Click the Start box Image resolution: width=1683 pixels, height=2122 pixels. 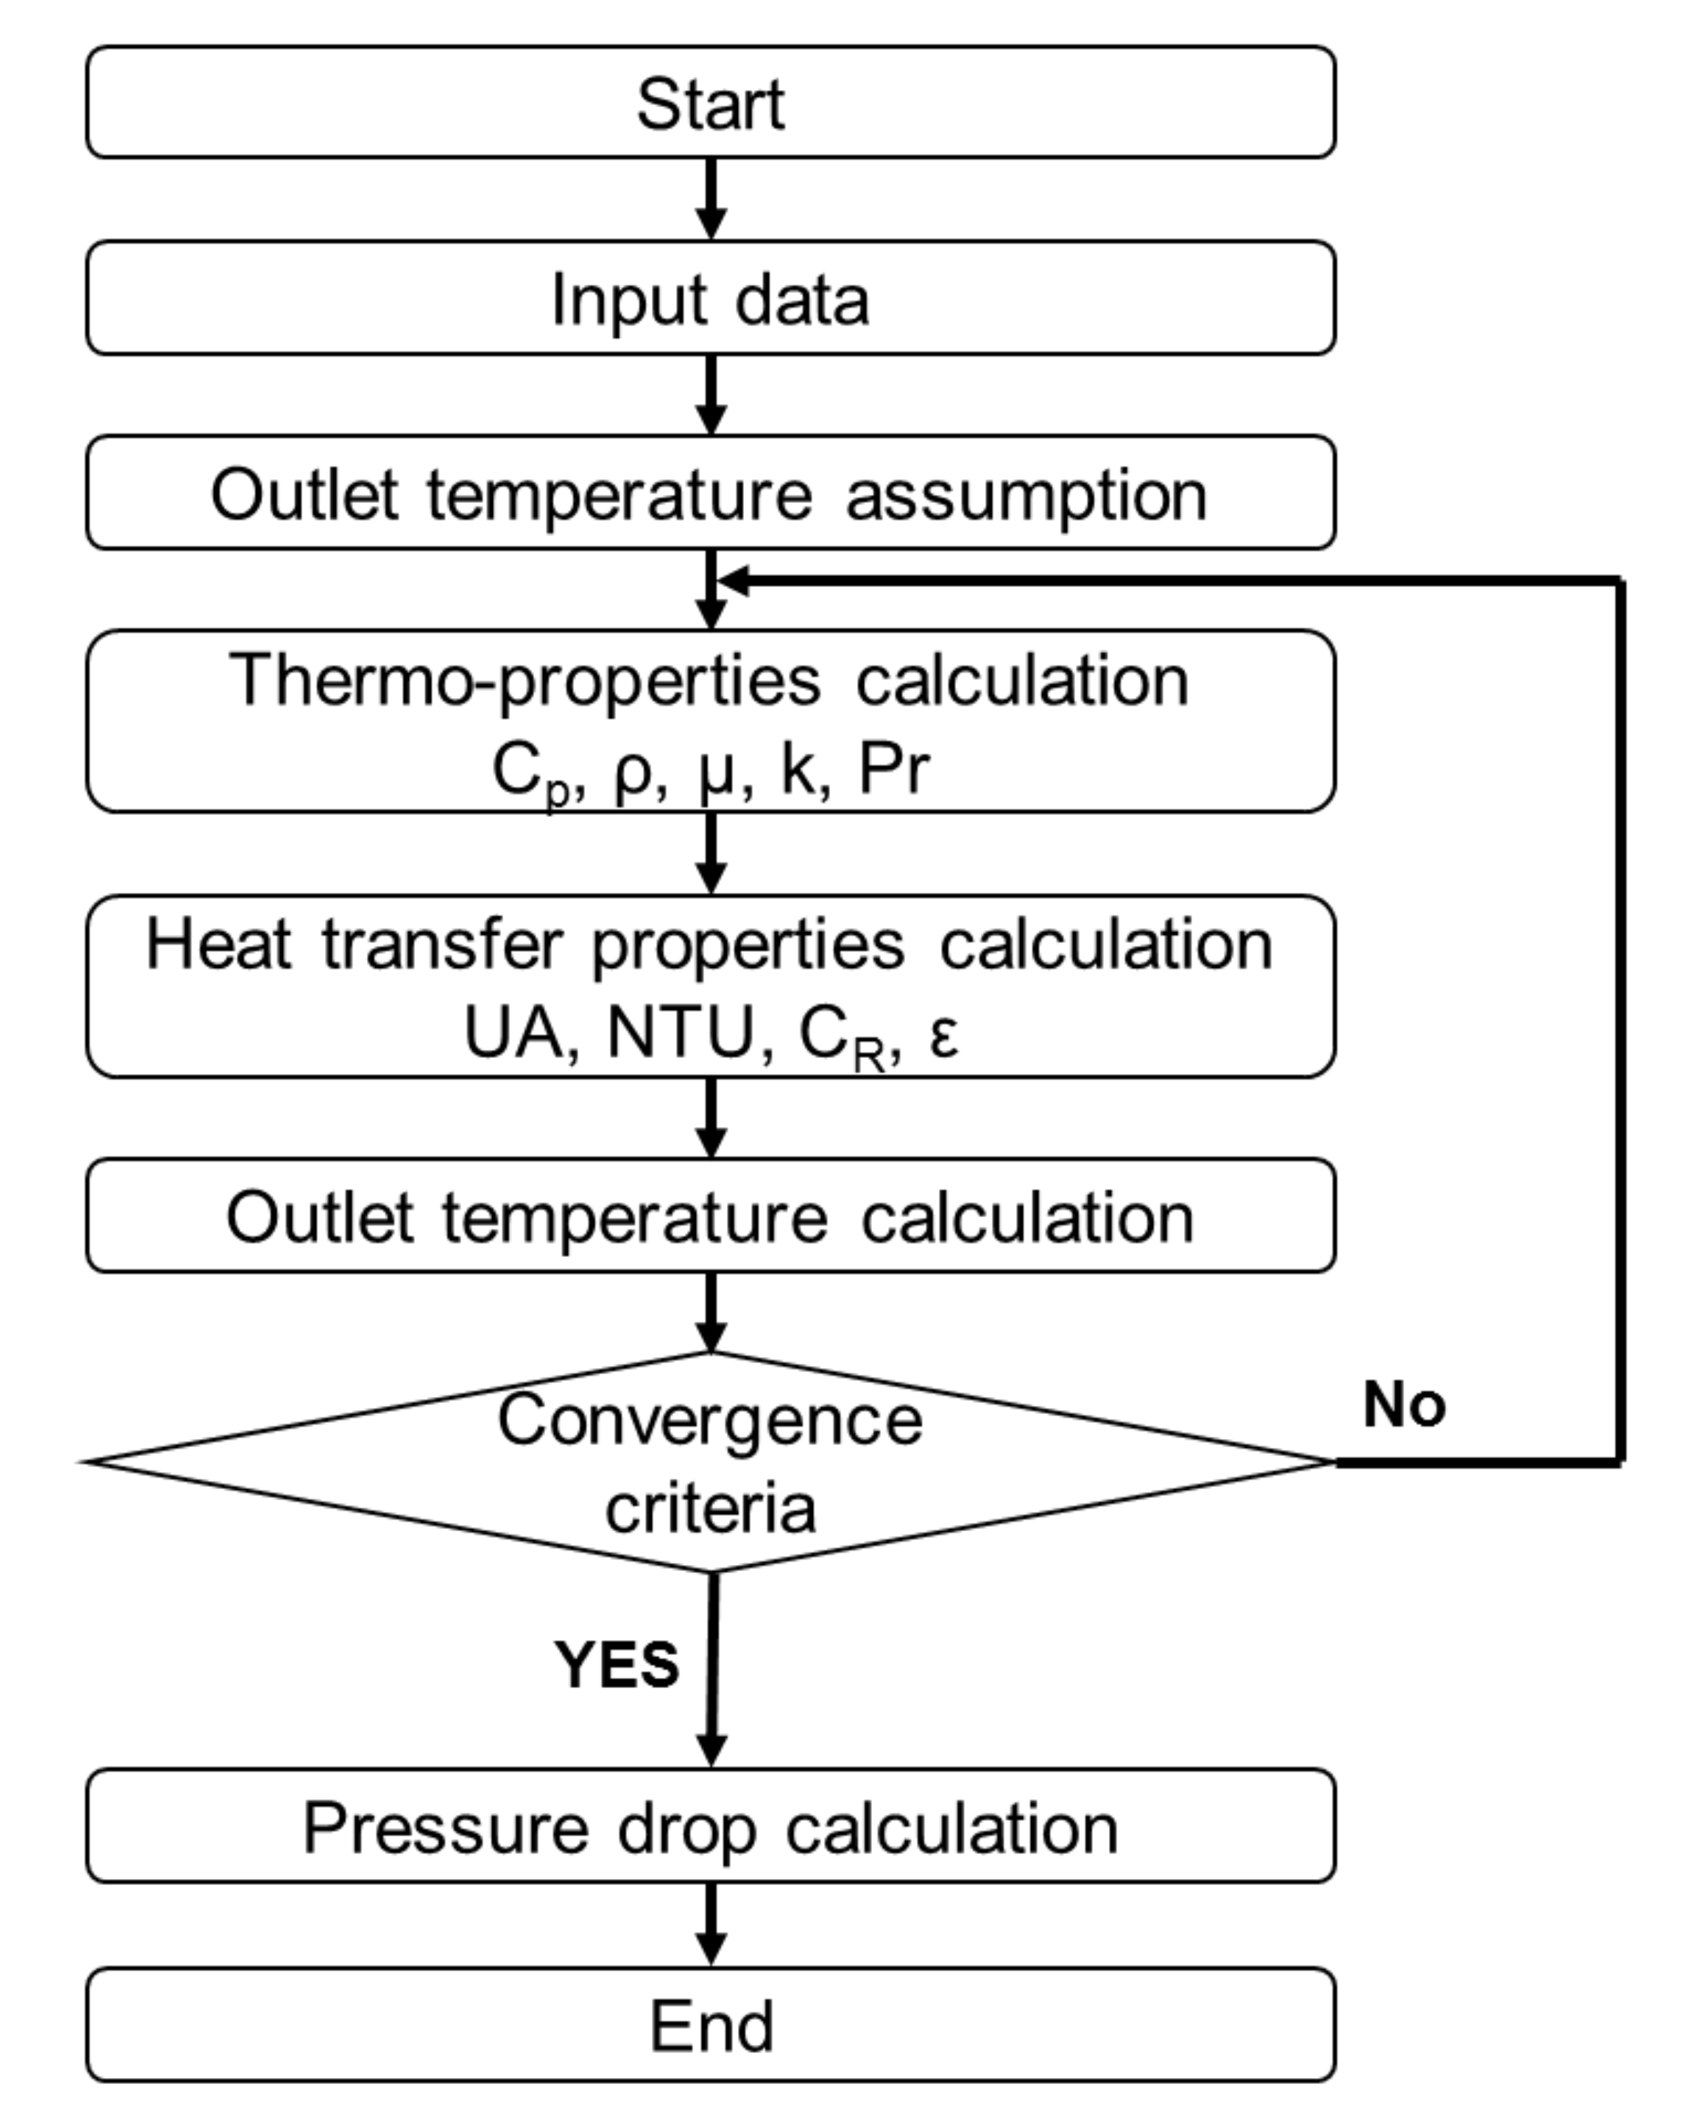(711, 102)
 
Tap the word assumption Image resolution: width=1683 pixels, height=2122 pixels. (1026, 494)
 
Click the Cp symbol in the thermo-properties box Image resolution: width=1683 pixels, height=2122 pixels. (529, 772)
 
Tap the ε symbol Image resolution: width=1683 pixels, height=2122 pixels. (943, 1034)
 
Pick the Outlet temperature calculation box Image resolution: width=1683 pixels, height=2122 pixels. (711, 1216)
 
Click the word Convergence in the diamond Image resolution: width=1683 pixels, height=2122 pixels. (711, 1419)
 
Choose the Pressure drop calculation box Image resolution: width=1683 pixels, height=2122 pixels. (711, 1829)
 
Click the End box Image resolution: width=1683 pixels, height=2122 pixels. (711, 2025)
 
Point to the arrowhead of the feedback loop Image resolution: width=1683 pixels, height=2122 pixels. (733, 581)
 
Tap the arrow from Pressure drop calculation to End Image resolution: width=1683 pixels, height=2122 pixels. (711, 1924)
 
